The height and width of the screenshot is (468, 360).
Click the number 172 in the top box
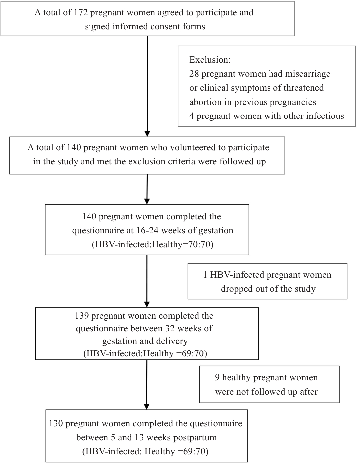(x=81, y=13)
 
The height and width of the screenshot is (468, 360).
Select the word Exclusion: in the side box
(x=210, y=60)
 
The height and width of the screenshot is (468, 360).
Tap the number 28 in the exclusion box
(x=194, y=74)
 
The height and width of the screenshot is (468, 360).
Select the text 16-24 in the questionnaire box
(x=147, y=230)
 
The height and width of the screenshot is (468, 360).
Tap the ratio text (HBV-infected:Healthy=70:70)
(x=153, y=245)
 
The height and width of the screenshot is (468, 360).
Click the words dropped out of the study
(x=268, y=289)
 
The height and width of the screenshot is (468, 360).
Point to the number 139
(x=82, y=316)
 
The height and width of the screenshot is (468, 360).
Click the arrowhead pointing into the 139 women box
(x=147, y=304)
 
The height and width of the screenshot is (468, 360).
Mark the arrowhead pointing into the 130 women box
(x=146, y=407)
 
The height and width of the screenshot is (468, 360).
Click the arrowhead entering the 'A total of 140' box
(x=147, y=134)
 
